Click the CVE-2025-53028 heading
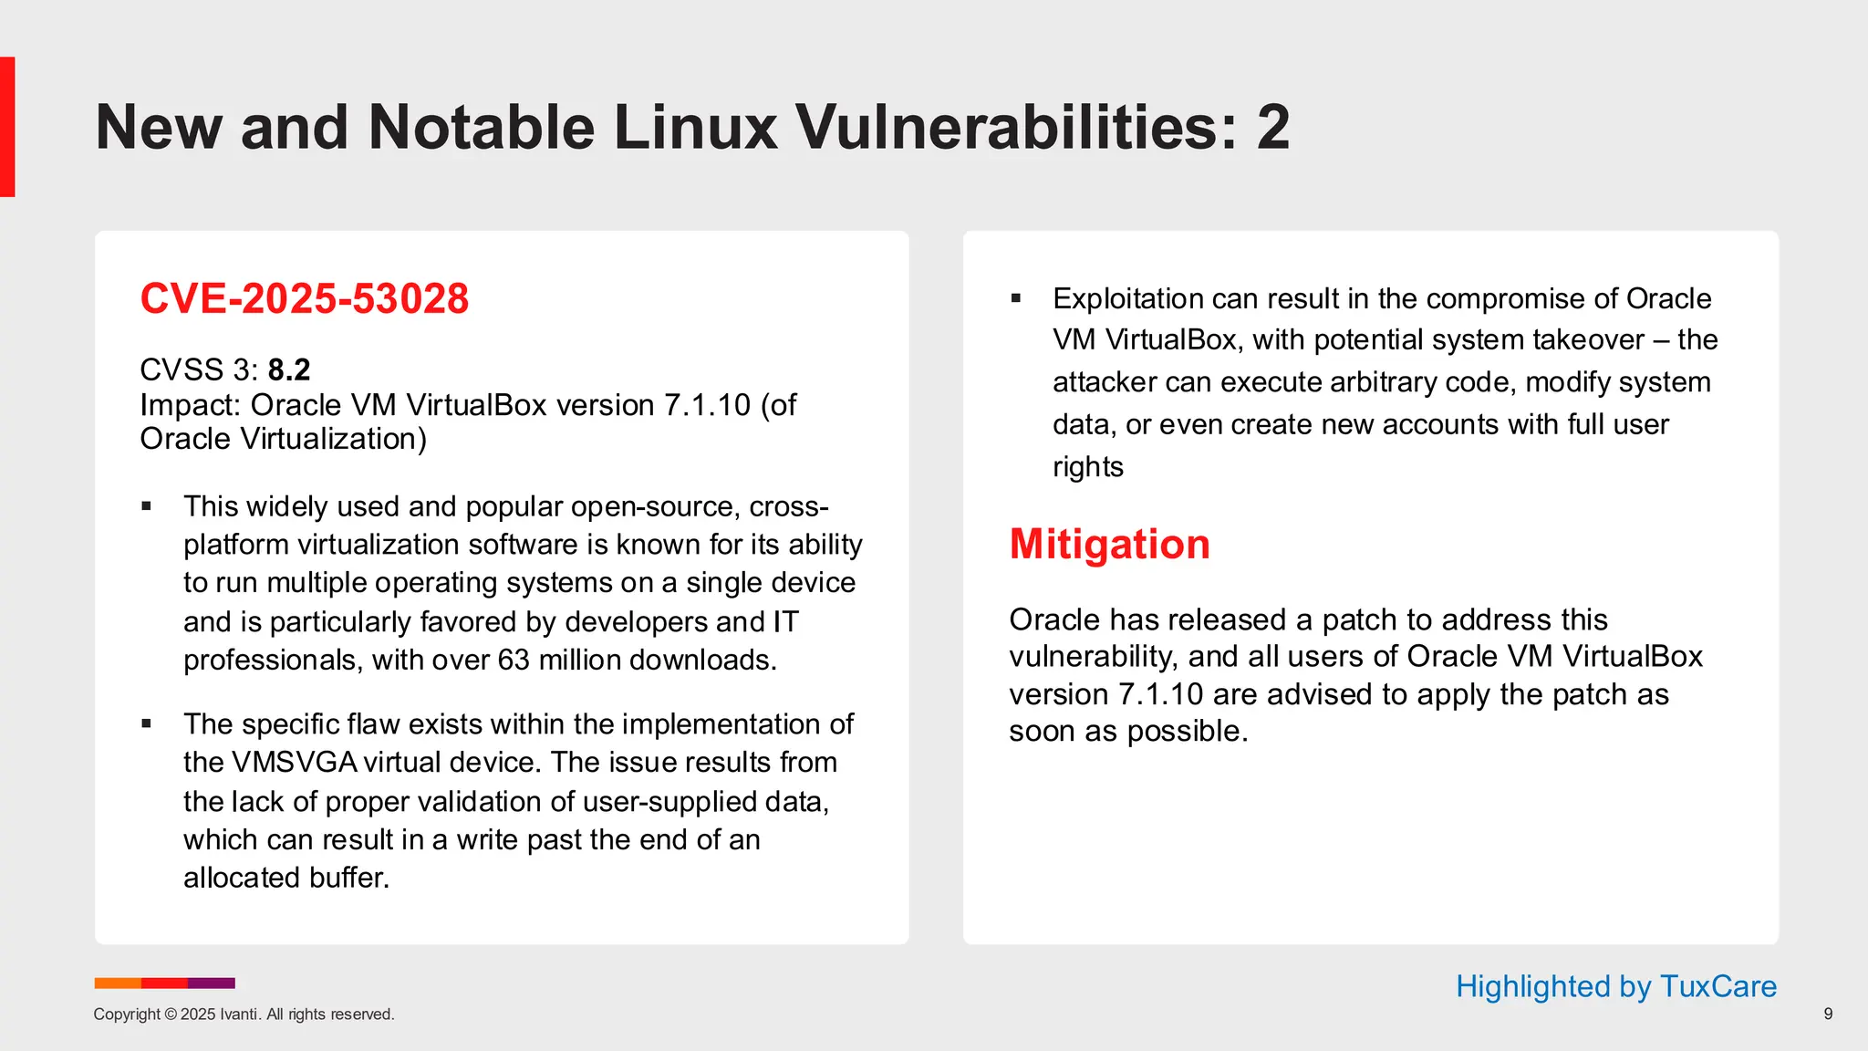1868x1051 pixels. coord(304,299)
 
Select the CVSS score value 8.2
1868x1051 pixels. coord(289,369)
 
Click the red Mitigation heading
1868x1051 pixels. coord(1109,544)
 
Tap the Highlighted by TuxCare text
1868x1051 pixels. coord(1615,986)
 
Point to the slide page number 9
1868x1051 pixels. coord(1827,1014)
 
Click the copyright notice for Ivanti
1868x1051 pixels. coord(244,1015)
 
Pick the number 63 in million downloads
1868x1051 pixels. coord(514,660)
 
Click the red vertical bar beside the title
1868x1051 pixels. coord(7,127)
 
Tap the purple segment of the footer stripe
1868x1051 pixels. coord(212,983)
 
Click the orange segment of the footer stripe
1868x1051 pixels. coord(118,983)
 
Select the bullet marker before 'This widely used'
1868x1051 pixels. coord(147,506)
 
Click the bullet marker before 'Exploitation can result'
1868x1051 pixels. coord(1015,298)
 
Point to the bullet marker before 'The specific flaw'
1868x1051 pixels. coord(147,724)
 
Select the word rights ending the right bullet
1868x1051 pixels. coord(1087,467)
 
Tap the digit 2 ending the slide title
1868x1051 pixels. coord(1273,127)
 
